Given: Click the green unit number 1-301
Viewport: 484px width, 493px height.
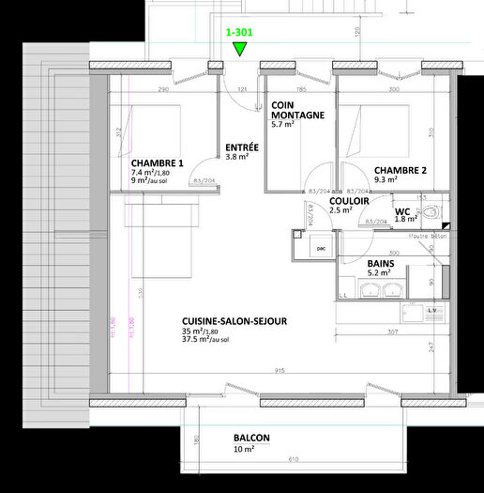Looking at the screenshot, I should point(240,31).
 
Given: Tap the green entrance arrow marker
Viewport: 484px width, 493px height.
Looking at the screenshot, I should point(240,49).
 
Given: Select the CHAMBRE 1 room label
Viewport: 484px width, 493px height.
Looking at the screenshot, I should point(158,162).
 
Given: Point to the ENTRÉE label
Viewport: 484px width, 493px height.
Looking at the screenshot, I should point(243,147).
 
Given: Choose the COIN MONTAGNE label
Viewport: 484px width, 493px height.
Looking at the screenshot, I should point(298,110).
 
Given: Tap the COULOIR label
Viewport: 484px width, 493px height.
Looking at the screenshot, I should point(348,200).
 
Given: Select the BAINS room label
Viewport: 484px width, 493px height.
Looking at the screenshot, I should point(380,264).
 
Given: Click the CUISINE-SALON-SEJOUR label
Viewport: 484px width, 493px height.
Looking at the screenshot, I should point(234,321).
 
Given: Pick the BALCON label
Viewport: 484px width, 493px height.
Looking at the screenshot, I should point(252,438).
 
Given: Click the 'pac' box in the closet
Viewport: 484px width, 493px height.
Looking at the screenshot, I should point(321,249).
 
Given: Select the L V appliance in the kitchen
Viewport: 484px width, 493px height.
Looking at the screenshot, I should point(433,310).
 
